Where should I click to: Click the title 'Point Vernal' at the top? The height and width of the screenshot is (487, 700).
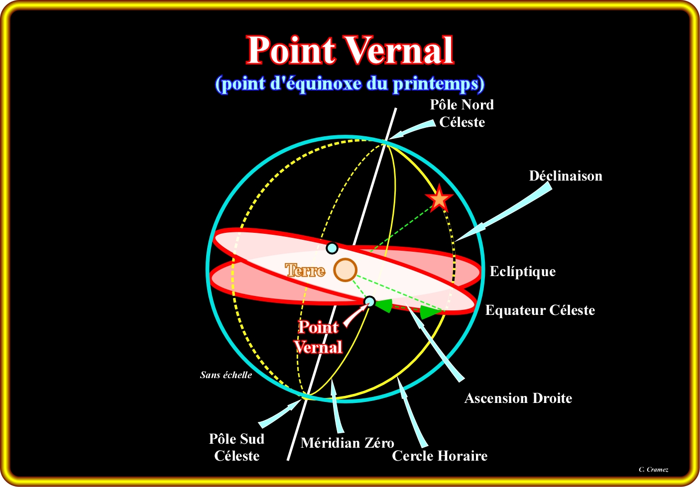tap(350, 50)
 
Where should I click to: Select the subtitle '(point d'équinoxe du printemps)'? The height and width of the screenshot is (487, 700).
tap(350, 84)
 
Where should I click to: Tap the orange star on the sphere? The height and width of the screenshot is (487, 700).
tap(439, 198)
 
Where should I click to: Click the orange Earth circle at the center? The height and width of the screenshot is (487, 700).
tap(345, 270)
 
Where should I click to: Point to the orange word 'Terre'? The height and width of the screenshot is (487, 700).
tap(305, 271)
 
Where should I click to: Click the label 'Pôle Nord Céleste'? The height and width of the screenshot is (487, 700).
tap(462, 113)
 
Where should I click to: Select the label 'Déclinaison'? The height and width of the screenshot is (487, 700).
tap(566, 176)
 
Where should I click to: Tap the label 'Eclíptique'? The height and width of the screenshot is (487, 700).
tap(523, 272)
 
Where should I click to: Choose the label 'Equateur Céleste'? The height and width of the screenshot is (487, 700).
tap(540, 310)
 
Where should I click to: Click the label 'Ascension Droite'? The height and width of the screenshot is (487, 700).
tap(518, 398)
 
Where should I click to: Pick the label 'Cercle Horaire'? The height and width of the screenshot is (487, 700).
tap(440, 456)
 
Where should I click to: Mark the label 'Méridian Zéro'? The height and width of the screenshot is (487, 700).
tap(347, 443)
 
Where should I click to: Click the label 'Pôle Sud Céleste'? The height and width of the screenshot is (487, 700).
tap(236, 447)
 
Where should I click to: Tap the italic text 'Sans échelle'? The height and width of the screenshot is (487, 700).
tap(226, 375)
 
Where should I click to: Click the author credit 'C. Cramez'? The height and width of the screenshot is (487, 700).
tap(654, 470)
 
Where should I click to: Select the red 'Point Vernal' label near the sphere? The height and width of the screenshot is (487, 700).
tap(318, 337)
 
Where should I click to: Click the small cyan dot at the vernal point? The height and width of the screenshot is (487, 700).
tap(370, 301)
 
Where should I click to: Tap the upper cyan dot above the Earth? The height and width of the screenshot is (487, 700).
tap(332, 248)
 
